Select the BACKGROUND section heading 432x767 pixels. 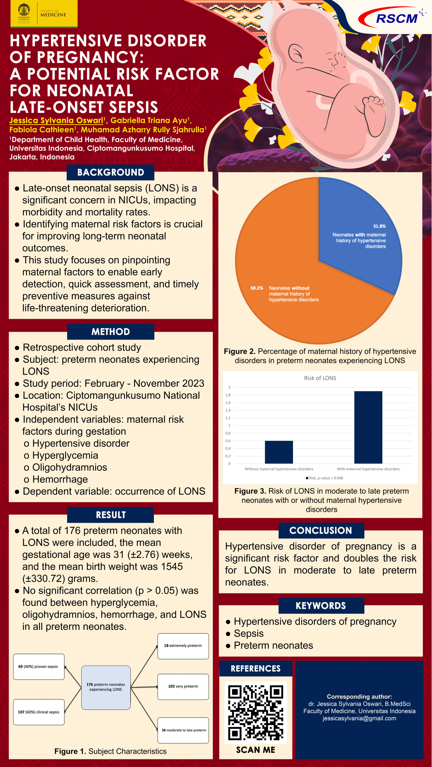pyautogui.click(x=110, y=173)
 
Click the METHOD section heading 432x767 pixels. pyautogui.click(x=110, y=332)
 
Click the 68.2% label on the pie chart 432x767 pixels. pyautogui.click(x=257, y=288)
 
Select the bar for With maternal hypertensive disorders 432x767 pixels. pyautogui.click(x=368, y=427)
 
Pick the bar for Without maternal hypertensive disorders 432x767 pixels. pyautogui.click(x=278, y=452)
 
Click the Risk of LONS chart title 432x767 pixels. pyautogui.click(x=320, y=378)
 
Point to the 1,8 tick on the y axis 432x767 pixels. pyautogui.click(x=228, y=395)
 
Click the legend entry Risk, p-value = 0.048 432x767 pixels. pyautogui.click(x=324, y=478)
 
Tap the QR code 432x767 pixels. pyautogui.click(x=256, y=712)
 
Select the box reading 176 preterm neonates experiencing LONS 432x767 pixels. pyautogui.click(x=106, y=687)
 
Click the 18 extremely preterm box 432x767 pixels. pyautogui.click(x=183, y=646)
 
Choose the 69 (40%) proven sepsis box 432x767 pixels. pyautogui.click(x=38, y=667)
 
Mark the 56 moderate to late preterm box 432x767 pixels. pyautogui.click(x=183, y=730)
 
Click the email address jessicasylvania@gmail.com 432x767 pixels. pyautogui.click(x=359, y=718)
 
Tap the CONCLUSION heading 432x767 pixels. pyautogui.click(x=321, y=531)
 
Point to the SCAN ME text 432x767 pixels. pyautogui.click(x=256, y=750)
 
